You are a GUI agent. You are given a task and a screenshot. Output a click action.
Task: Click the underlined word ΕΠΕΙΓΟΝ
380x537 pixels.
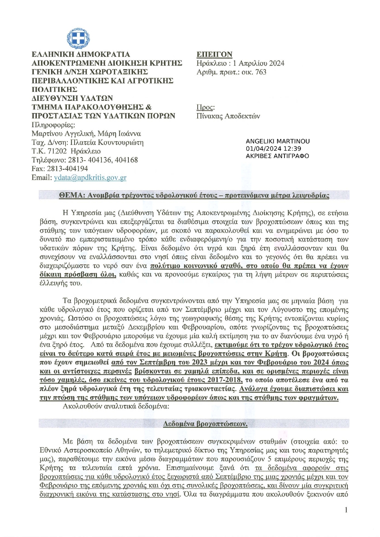pos(214,54)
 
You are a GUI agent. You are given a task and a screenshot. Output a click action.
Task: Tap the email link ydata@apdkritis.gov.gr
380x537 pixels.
pos(90,178)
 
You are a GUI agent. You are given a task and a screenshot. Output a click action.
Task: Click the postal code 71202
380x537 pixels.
pos(56,151)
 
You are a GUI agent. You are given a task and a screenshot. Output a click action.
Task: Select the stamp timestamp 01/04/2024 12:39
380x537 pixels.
pos(273,148)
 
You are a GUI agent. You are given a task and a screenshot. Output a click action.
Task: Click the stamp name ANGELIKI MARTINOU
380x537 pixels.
pos(277,141)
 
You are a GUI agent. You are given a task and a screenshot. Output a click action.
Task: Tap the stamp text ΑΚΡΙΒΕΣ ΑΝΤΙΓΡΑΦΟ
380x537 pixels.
pos(277,156)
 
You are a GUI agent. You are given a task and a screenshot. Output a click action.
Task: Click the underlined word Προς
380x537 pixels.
pos(205,107)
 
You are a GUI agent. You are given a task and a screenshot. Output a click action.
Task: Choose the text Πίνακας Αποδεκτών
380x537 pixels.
pos(228,116)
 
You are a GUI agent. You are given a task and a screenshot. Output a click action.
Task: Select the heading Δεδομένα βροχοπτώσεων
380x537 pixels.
pos(205,424)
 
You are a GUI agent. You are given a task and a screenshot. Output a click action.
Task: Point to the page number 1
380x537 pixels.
pos(346,510)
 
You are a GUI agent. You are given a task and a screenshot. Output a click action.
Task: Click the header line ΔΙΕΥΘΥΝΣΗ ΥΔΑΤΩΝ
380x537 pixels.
pos(72,98)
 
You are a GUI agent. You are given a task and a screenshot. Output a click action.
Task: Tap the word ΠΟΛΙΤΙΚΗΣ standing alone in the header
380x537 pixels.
pos(54,90)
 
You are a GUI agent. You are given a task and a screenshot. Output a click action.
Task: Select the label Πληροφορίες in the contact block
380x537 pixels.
pos(54,124)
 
